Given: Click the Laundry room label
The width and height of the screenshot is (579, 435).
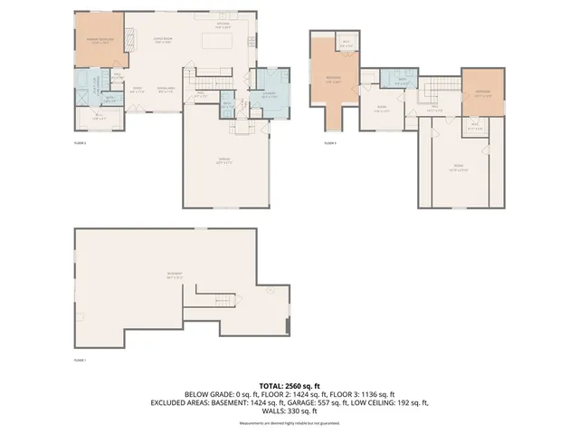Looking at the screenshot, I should pyautogui.click(x=270, y=97).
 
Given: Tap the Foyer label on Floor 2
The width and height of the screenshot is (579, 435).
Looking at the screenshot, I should pyautogui.click(x=138, y=89).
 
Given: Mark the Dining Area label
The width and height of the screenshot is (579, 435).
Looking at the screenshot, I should pyautogui.click(x=166, y=89).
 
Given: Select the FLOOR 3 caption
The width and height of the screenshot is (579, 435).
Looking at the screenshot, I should pyautogui.click(x=330, y=143).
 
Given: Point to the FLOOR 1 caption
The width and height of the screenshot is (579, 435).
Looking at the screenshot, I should pyautogui.click(x=80, y=361).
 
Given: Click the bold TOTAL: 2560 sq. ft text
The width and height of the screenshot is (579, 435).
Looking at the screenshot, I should pyautogui.click(x=289, y=384).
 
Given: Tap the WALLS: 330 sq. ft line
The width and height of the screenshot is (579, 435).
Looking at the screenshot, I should pyautogui.click(x=289, y=411).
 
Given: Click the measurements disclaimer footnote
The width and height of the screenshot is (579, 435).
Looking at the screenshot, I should pyautogui.click(x=289, y=423).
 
